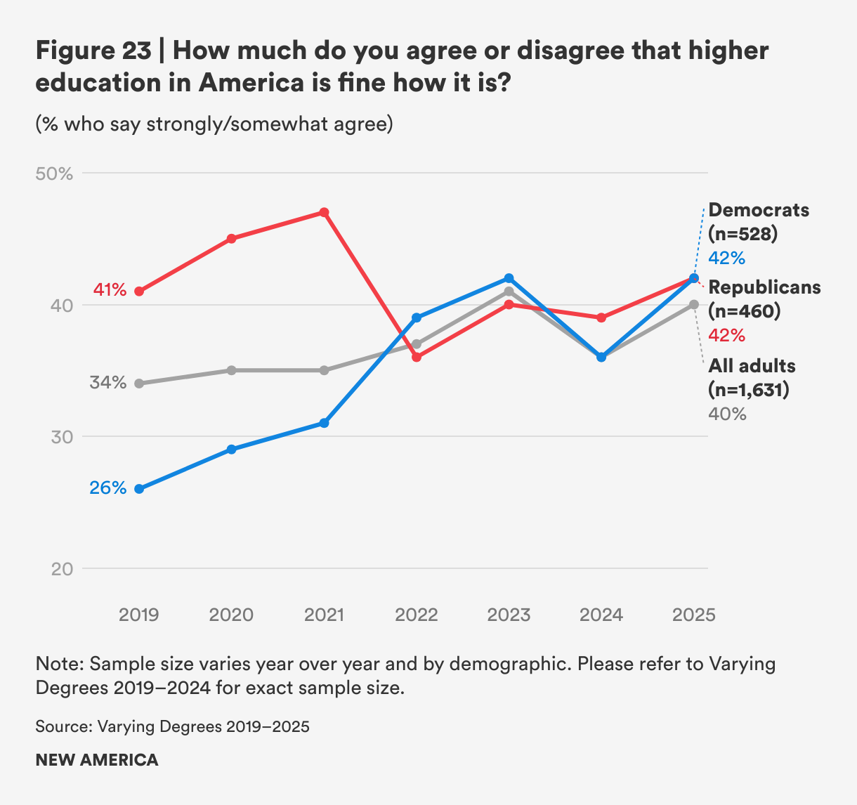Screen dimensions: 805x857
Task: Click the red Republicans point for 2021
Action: [324, 212]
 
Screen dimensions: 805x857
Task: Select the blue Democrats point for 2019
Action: [139, 489]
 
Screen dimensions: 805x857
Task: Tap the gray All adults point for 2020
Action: [232, 370]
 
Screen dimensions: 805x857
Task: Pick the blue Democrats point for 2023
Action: [509, 278]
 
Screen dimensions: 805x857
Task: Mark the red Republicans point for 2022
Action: [417, 357]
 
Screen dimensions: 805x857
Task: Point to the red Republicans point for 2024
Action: [601, 318]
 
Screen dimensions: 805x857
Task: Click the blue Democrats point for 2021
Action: [324, 423]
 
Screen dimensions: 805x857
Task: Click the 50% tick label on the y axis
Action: [54, 174]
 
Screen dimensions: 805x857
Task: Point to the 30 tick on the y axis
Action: [61, 437]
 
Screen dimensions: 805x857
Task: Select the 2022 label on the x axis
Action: [417, 615]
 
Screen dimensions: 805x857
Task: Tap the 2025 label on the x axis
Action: [694, 615]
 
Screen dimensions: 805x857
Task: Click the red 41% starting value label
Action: [110, 290]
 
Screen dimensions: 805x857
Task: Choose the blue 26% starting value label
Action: [107, 487]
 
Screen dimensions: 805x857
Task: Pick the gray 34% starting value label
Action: [107, 383]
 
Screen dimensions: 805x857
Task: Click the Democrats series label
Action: [759, 210]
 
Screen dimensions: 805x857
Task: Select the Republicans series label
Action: [764, 287]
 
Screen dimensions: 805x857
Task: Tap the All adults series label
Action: [752, 366]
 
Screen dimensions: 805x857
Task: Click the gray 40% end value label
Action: [727, 414]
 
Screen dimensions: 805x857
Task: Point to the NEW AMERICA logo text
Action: [97, 760]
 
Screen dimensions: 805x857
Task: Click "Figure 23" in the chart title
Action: [93, 51]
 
